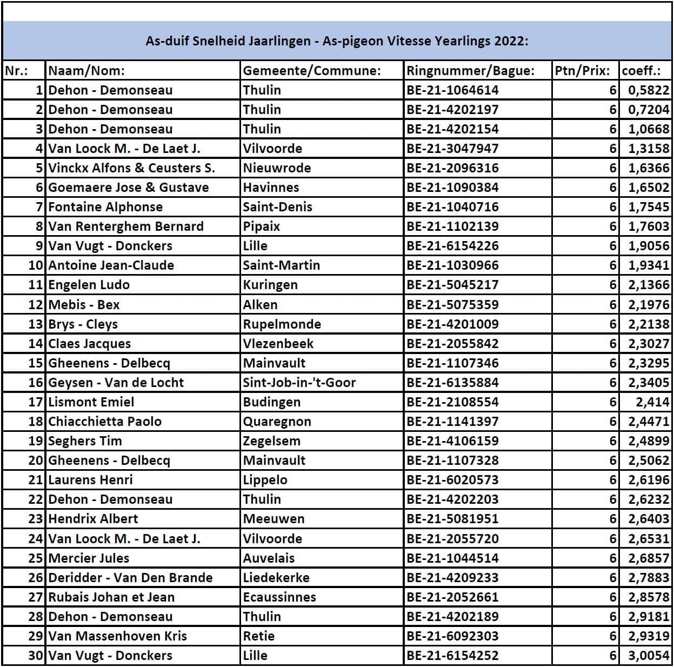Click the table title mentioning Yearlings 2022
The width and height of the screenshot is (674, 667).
pos(337,41)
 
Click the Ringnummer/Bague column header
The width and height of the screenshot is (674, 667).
pos(470,71)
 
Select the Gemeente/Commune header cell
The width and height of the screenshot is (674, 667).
pos(312,71)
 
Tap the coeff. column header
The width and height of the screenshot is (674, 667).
pos(642,71)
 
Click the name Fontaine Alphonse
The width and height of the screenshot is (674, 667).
pos(105,207)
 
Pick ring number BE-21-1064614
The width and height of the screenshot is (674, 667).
pos(452,90)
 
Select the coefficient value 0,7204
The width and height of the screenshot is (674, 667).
pos(649,110)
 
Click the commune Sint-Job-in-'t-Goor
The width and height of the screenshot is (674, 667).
pos(299,383)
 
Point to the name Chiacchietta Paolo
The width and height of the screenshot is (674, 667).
pos(105,422)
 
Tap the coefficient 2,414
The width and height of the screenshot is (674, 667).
pos(652,402)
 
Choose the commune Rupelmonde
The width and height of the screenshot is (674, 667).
pos(282,324)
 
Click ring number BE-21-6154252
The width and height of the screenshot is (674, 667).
pos(452,656)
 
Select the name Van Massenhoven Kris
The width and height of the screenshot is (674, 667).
pos(117,636)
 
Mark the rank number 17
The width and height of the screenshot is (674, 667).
pos(36,402)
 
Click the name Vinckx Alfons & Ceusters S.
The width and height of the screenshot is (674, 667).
pos(131,168)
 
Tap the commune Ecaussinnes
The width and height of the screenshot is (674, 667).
pos(279,597)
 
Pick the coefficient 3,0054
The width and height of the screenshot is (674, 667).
pos(649,656)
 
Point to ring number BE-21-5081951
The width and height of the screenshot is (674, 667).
pos(452,519)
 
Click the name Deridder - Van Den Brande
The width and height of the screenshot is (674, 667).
pos(130,578)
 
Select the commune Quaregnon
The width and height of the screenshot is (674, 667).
pos(277,422)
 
